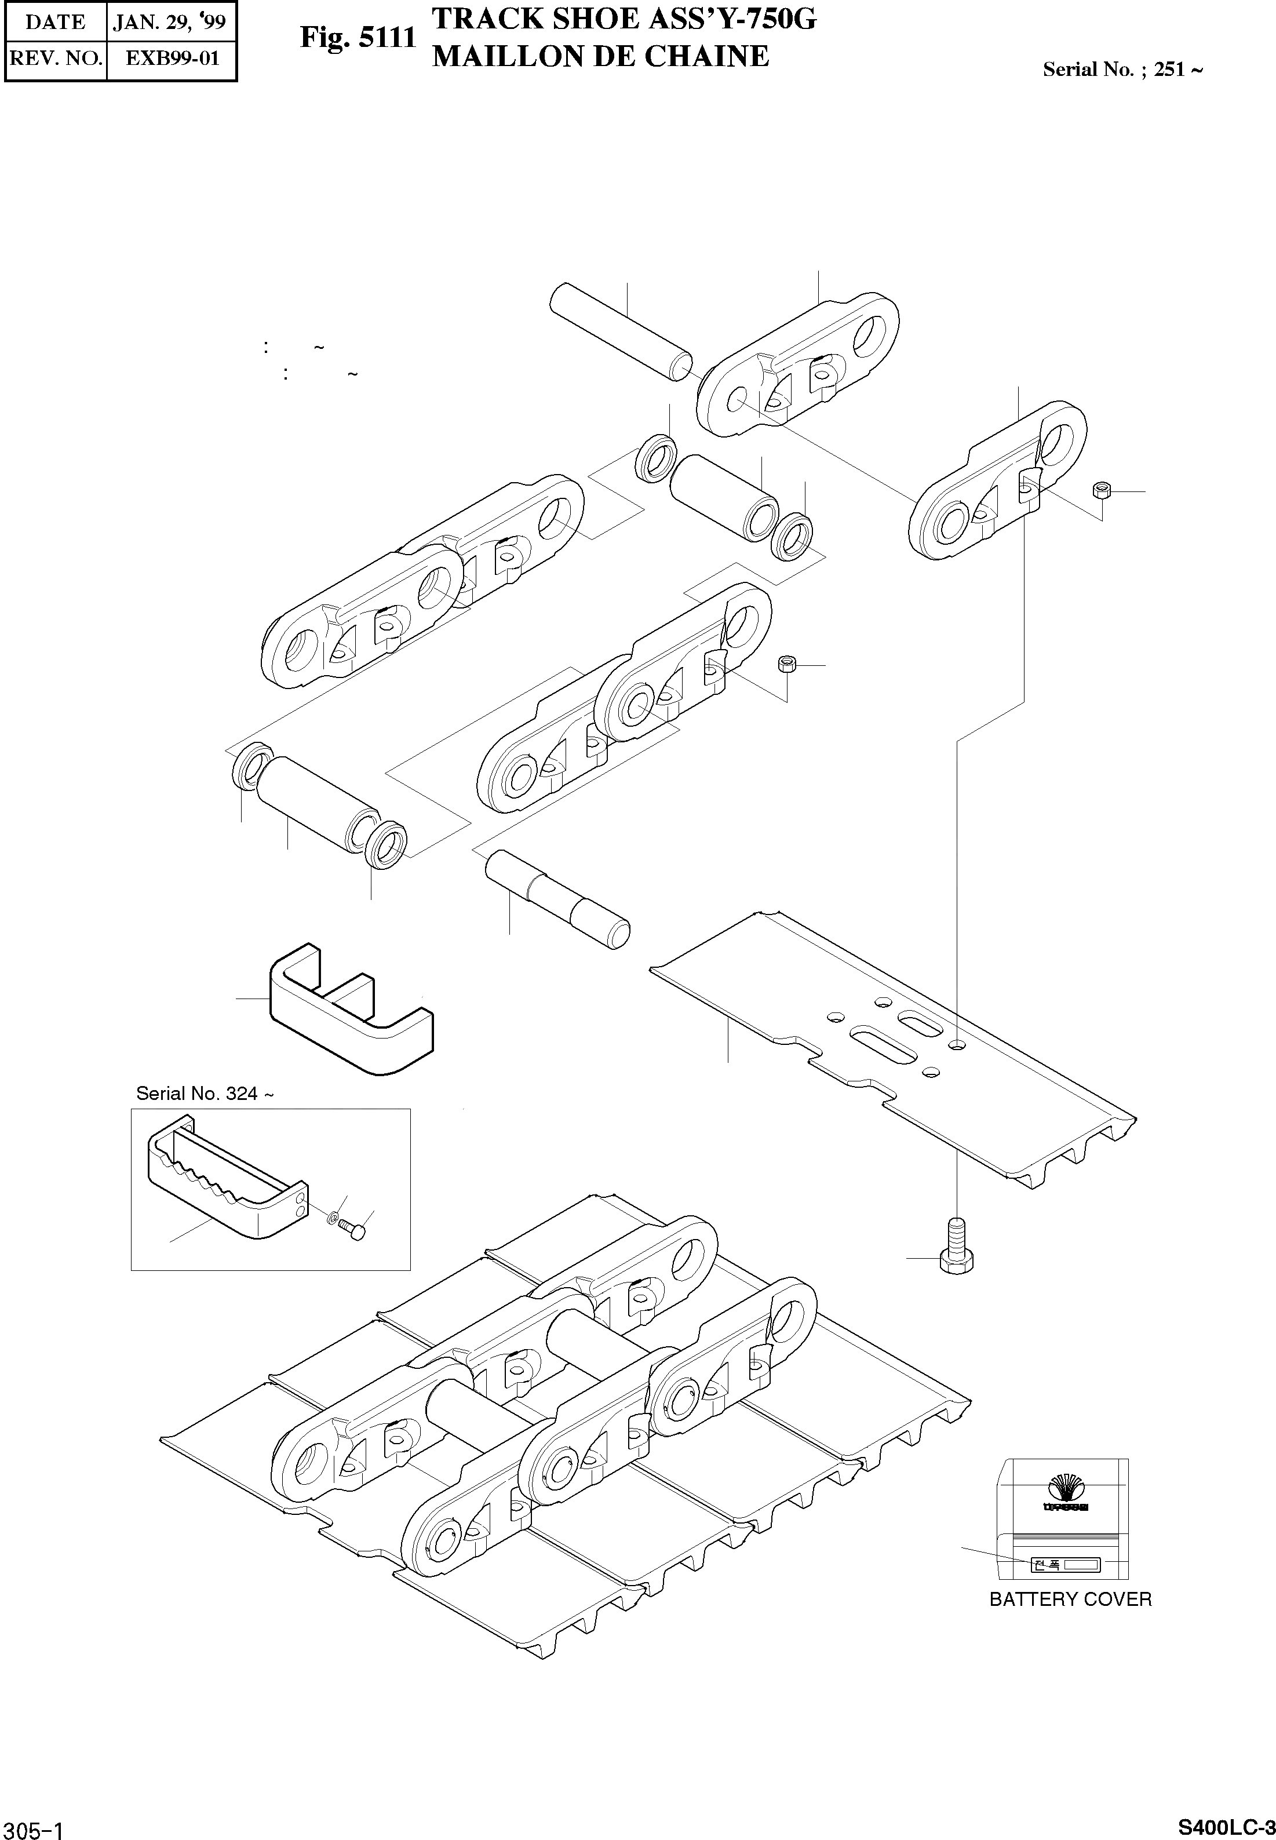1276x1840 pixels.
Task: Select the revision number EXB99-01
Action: (x=172, y=59)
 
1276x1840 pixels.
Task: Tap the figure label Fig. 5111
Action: (x=358, y=38)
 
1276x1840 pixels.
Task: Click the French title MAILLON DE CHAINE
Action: (x=600, y=57)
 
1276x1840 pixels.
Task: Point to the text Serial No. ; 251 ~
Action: (x=1122, y=70)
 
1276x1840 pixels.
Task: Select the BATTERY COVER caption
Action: (x=1070, y=1599)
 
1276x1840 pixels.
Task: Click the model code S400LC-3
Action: (x=1226, y=1823)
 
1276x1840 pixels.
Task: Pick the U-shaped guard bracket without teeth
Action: (x=352, y=1008)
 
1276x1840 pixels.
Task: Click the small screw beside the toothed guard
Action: (x=352, y=1230)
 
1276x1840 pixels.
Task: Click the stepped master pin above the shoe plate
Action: (x=558, y=899)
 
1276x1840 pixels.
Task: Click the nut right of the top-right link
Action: (x=1101, y=490)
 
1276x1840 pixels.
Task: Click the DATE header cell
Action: (x=55, y=21)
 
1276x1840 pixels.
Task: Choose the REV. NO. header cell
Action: (x=55, y=59)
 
